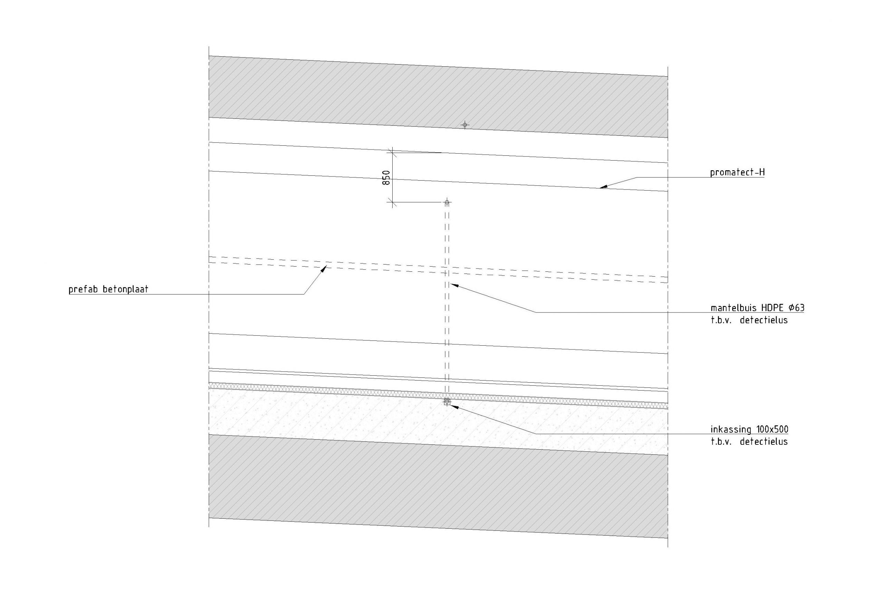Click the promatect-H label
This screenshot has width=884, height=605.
coord(737,173)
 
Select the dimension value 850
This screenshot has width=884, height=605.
coord(386,178)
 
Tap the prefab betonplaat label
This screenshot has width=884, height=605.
coord(108,290)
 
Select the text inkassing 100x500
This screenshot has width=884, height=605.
coord(749,430)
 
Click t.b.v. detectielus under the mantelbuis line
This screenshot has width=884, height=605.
coord(748,320)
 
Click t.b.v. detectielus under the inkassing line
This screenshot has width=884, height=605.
coord(748,442)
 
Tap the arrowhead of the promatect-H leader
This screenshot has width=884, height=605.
coord(602,187)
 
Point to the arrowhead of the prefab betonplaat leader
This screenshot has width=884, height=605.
coord(325,268)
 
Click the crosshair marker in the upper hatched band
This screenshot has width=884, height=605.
coord(464,125)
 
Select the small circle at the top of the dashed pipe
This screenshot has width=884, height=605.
coord(447,202)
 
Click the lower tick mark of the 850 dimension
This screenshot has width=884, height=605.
coord(392,202)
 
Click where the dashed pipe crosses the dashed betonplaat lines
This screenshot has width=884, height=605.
coord(447,270)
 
